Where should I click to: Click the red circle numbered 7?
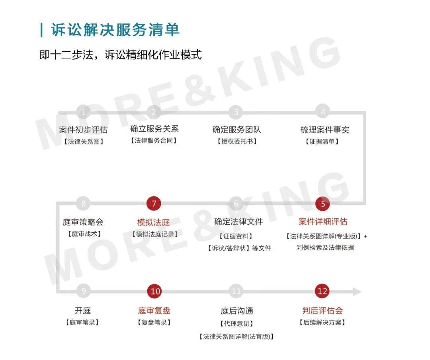point(154,204)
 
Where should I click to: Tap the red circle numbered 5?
point(323,204)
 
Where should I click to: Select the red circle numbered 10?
point(155,291)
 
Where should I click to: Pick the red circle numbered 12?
point(322,291)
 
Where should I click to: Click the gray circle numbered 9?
point(84,291)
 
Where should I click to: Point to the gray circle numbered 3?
point(236,112)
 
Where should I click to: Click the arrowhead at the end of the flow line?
point(357,292)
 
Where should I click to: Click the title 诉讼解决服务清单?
point(115,29)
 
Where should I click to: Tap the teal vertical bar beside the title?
point(41,30)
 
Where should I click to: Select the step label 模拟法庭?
point(154,222)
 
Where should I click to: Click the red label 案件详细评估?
point(323,221)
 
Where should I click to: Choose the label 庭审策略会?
point(83,222)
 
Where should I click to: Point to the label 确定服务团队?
point(236,129)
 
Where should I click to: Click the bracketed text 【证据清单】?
point(322,141)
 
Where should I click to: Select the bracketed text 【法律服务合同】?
point(154,140)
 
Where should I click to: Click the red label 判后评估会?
point(322,310)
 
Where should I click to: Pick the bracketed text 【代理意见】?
point(236,323)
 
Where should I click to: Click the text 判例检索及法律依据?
point(325,247)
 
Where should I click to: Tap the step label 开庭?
point(82,310)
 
